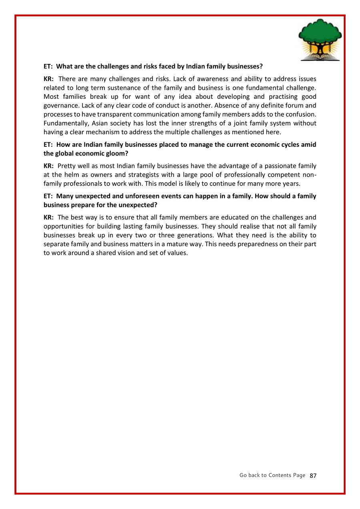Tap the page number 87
(x=313, y=475)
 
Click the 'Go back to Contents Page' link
(x=272, y=475)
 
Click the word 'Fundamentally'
(x=64, y=123)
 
